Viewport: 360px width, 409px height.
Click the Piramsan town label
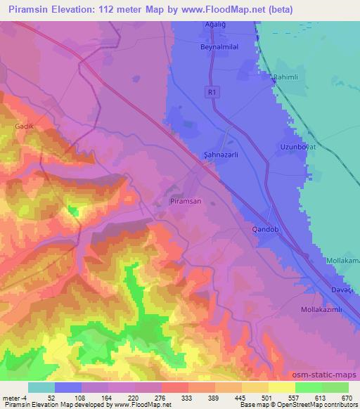click(186, 201)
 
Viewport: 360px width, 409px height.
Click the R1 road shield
click(212, 91)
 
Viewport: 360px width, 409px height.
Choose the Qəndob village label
click(266, 230)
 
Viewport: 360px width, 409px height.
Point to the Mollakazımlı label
click(319, 309)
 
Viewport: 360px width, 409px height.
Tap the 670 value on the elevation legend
click(348, 397)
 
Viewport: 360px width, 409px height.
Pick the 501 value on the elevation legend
click(268, 397)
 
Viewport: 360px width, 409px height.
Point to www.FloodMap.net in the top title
click(215, 11)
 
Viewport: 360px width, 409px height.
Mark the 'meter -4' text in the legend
click(14, 397)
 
